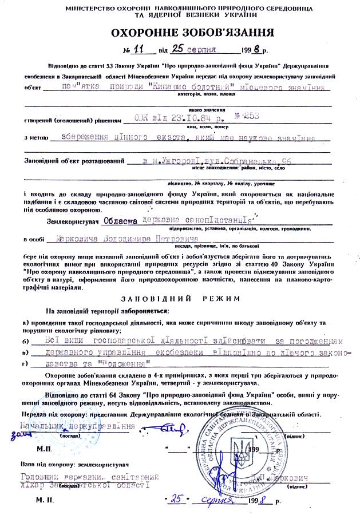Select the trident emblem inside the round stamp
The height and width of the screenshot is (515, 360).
pos(239,447)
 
